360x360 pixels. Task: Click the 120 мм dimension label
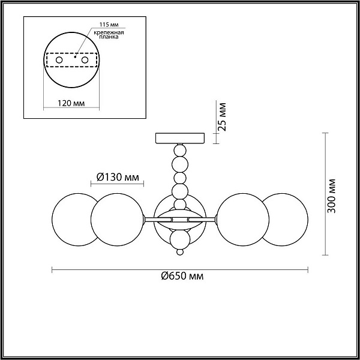click(x=71, y=103)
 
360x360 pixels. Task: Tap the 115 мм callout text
click(x=109, y=25)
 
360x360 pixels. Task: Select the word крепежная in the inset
click(x=109, y=32)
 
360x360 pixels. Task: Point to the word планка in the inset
click(x=109, y=37)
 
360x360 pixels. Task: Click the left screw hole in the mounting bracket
click(x=59, y=60)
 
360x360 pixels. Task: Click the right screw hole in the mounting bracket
click(x=85, y=60)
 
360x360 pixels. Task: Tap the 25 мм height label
click(x=222, y=117)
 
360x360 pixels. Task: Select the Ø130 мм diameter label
click(x=118, y=177)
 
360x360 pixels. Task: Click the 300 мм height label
click(x=331, y=196)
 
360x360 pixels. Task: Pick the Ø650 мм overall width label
click(x=182, y=276)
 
